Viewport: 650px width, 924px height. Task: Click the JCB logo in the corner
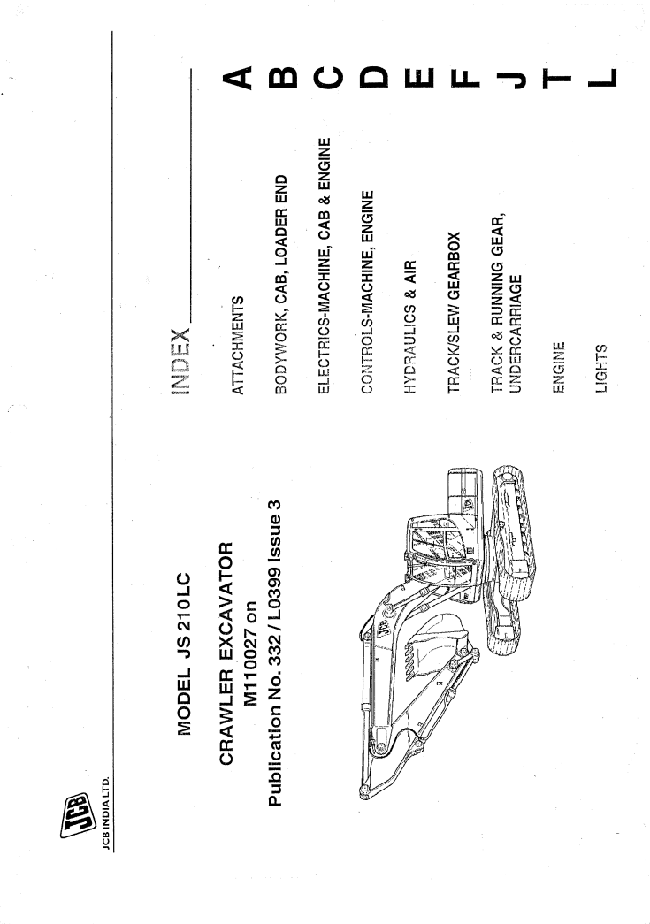click(74, 816)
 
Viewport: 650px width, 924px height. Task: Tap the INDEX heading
click(180, 362)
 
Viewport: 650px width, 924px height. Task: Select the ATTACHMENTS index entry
click(237, 346)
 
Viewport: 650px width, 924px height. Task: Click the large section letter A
click(237, 77)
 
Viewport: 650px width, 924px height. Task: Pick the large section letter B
click(282, 77)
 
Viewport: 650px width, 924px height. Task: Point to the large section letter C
click(327, 77)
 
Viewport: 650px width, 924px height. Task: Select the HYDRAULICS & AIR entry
click(410, 327)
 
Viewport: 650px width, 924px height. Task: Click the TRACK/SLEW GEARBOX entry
click(453, 313)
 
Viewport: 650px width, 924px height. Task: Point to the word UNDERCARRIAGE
click(516, 334)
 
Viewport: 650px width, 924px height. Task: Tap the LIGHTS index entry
click(600, 369)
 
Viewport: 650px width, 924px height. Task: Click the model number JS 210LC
click(185, 613)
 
